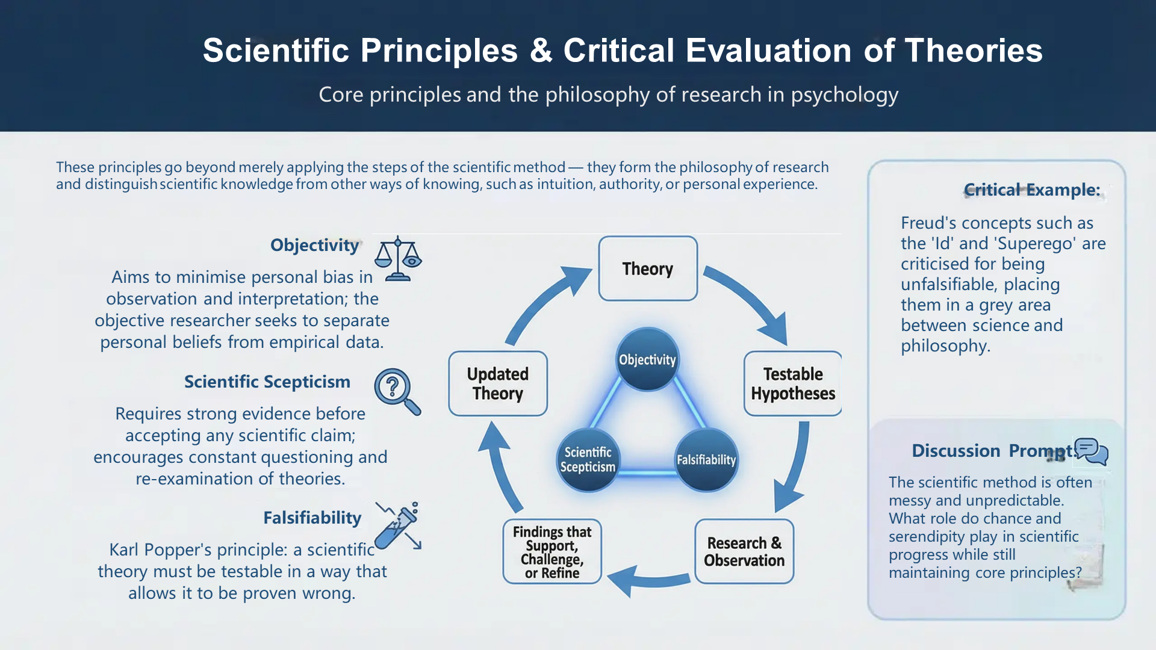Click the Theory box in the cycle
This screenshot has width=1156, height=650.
[648, 268]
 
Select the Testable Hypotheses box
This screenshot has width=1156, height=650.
[792, 384]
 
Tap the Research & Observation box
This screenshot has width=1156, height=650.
[744, 551]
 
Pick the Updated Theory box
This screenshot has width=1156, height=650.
[498, 384]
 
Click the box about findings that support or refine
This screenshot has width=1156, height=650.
[552, 551]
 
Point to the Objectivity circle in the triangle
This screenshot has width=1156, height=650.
[648, 359]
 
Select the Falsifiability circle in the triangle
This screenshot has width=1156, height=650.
[706, 460]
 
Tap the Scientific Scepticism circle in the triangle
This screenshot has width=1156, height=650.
[588, 460]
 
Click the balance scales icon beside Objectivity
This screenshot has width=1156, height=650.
[398, 259]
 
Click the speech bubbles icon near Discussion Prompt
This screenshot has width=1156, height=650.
[1092, 451]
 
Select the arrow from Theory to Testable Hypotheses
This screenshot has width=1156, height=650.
[750, 301]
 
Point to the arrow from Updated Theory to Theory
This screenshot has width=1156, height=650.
[545, 301]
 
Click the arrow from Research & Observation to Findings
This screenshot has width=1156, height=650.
[647, 580]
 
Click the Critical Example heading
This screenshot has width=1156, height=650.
[1032, 190]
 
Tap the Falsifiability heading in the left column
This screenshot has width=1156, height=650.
[312, 518]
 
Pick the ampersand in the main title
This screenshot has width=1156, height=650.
[541, 51]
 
